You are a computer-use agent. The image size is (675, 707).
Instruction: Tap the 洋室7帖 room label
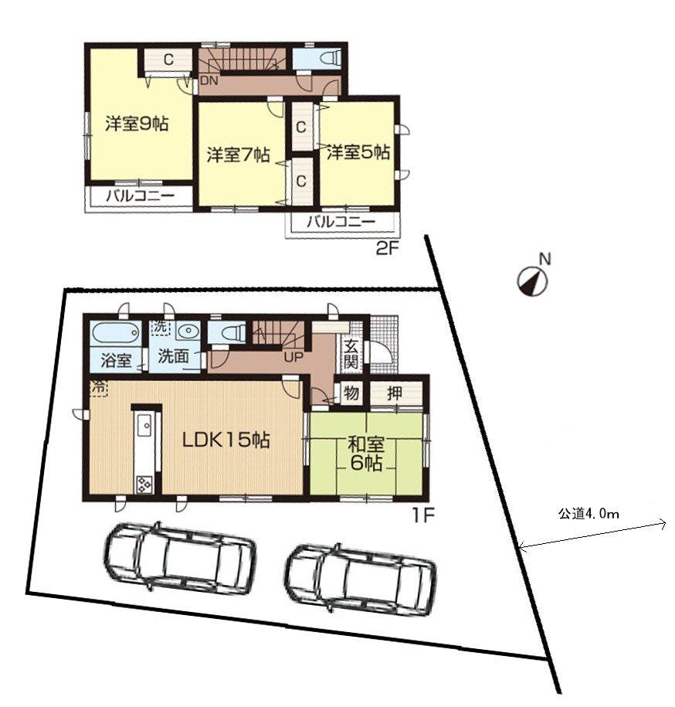pyautogui.click(x=238, y=155)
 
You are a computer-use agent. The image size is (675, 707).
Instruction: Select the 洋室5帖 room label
pyautogui.click(x=356, y=153)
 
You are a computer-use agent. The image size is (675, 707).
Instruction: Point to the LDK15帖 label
pyautogui.click(x=226, y=440)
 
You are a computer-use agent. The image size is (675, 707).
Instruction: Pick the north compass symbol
pyautogui.click(x=531, y=281)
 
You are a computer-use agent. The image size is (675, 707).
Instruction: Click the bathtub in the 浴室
pyautogui.click(x=117, y=334)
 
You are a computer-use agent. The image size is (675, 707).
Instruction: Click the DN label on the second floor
pyautogui.click(x=208, y=80)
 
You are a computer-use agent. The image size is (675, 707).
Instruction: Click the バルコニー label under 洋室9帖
pyautogui.click(x=141, y=196)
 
